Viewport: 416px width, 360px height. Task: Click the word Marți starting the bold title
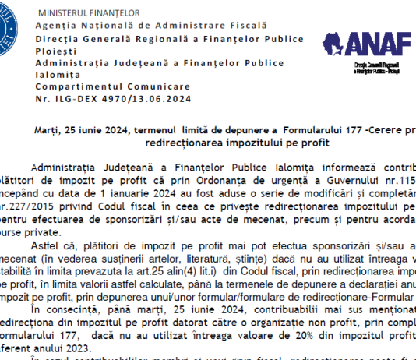tap(48, 130)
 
